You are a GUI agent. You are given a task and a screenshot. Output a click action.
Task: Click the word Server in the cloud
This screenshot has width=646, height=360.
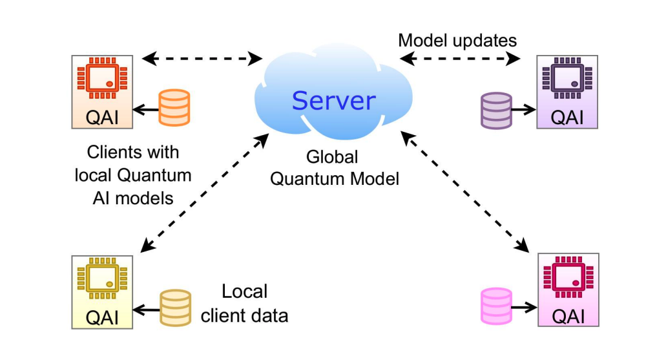pyautogui.click(x=333, y=100)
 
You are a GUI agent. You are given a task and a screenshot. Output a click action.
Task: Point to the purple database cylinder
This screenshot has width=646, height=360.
pyautogui.click(x=496, y=111)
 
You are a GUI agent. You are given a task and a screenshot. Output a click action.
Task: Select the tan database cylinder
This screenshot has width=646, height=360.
pyautogui.click(x=175, y=308)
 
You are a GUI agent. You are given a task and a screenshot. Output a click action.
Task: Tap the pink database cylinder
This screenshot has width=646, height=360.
pyautogui.click(x=496, y=306)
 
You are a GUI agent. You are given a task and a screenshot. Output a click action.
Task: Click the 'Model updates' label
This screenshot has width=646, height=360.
pyautogui.click(x=457, y=41)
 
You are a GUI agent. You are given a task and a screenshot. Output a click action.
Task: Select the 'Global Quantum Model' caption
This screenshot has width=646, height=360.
pyautogui.click(x=334, y=167)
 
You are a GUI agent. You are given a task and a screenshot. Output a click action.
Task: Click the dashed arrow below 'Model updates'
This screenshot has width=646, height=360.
pyautogui.click(x=460, y=59)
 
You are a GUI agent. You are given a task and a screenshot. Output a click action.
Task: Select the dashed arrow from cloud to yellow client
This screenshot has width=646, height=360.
pyautogui.click(x=205, y=193)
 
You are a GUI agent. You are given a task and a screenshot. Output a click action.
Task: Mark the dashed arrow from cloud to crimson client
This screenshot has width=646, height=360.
pyautogui.click(x=464, y=191)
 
